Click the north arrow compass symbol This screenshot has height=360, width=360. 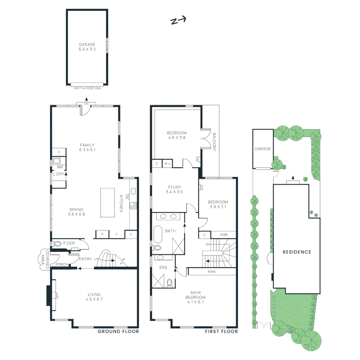click(178, 21)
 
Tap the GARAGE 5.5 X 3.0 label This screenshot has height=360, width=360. click(87, 47)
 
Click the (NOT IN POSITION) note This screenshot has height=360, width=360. click(87, 88)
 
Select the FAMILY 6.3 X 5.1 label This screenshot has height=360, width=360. click(87, 147)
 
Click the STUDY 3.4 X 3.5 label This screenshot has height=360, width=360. click(175, 189)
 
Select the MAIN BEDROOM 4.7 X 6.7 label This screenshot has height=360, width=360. click(196, 297)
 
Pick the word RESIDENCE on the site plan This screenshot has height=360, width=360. click(297, 252)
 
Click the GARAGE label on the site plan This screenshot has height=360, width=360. click(263, 149)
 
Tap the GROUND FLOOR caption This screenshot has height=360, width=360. click(118, 331)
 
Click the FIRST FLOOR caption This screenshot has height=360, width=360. click(221, 331)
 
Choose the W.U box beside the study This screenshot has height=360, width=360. click(167, 164)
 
